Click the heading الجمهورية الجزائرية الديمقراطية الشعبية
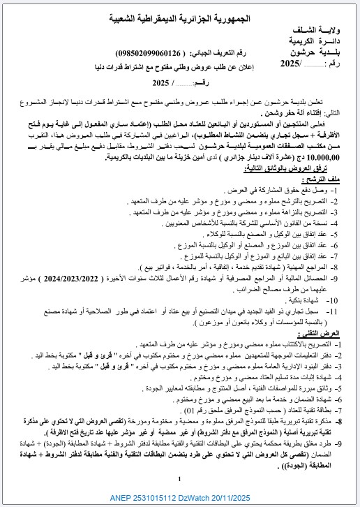[x=180, y=20]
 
